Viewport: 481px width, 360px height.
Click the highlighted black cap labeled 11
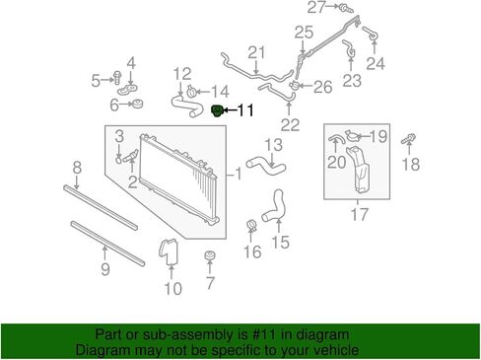pyautogui.click(x=217, y=110)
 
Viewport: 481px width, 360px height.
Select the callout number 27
pyautogui.click(x=316, y=7)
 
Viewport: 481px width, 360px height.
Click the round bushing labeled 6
pyautogui.click(x=136, y=104)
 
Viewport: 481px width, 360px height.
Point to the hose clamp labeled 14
pyautogui.click(x=191, y=91)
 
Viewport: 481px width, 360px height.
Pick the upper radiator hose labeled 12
pyautogui.click(x=185, y=106)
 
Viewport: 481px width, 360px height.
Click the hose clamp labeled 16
pyautogui.click(x=251, y=225)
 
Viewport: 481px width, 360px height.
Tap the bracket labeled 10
pyautogui.click(x=169, y=252)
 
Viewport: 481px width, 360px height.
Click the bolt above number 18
pyautogui.click(x=408, y=139)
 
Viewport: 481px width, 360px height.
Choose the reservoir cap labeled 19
pyautogui.click(x=352, y=135)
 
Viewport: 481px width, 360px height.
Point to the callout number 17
pyautogui.click(x=360, y=214)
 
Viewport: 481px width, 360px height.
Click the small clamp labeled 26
pyautogui.click(x=295, y=86)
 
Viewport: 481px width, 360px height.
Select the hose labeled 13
pyautogui.click(x=266, y=166)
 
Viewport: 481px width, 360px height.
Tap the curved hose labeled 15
pyautogui.click(x=273, y=206)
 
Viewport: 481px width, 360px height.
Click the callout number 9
pyautogui.click(x=105, y=269)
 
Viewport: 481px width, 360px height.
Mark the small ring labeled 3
pyautogui.click(x=118, y=160)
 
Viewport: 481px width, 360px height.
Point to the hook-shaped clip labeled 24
pyautogui.click(x=371, y=34)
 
